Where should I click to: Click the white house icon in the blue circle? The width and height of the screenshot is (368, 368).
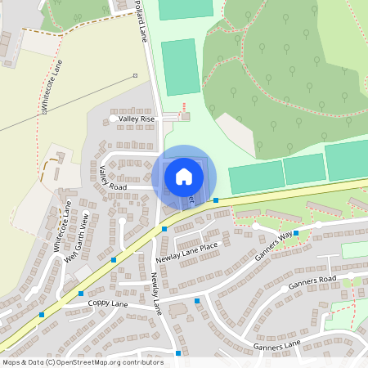184,176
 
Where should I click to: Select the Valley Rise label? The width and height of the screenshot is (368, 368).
137,119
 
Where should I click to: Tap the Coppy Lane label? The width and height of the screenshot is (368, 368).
109,303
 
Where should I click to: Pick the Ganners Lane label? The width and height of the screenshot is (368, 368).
278,347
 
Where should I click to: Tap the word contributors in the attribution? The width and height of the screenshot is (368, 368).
139,361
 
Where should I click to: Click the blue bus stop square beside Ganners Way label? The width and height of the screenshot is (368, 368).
296,233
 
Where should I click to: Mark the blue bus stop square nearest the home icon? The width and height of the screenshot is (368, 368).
216,200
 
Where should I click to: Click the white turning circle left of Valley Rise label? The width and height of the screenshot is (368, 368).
113,119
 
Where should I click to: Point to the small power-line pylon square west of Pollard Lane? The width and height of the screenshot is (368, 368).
135,76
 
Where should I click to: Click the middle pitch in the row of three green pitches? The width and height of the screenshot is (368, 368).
304,169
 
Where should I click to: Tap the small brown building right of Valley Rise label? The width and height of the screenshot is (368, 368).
185,117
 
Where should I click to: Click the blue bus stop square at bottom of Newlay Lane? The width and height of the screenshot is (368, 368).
178,353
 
